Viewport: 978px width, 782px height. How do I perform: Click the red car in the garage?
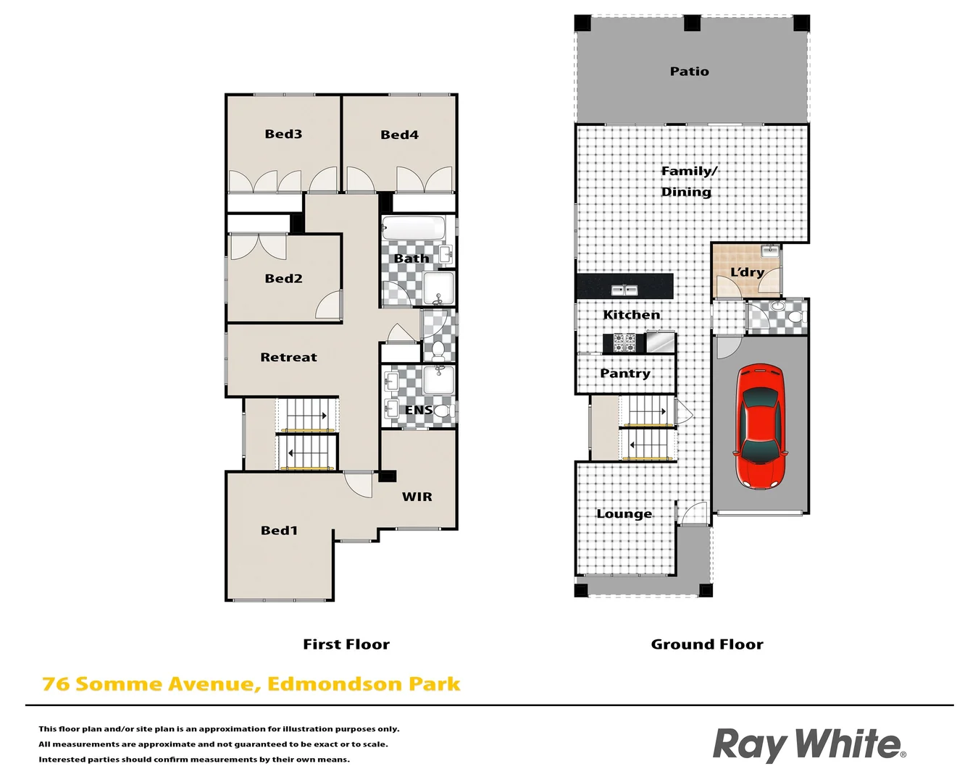(761, 426)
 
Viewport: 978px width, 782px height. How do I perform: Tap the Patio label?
(689, 71)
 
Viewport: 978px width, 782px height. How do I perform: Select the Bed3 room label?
(283, 134)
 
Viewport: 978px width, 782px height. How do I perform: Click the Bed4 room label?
(399, 135)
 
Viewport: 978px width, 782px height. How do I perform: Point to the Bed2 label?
(283, 278)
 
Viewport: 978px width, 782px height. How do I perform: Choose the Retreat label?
(288, 357)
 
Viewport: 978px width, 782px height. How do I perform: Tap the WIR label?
(417, 497)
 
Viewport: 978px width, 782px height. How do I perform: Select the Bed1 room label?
(279, 530)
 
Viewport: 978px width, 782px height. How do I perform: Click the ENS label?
(419, 410)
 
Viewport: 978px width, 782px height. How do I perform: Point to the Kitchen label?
(632, 315)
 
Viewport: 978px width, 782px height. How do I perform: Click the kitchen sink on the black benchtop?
(624, 290)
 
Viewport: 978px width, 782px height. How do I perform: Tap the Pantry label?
(625, 374)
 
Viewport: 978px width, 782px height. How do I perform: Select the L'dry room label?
(747, 272)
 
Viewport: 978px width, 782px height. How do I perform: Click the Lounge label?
(624, 514)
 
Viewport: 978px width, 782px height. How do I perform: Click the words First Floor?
(346, 644)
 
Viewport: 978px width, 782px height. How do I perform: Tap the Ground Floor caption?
(707, 644)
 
